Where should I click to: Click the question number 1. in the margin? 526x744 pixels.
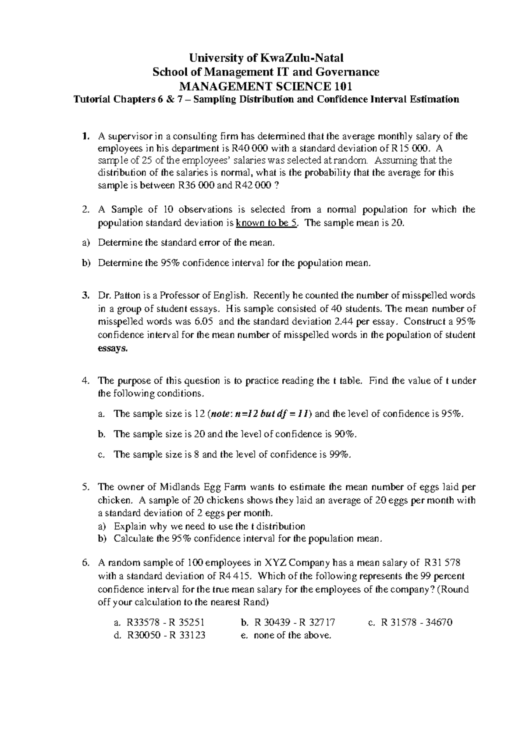[x=85, y=136]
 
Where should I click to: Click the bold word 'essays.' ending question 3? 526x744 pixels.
[x=113, y=348]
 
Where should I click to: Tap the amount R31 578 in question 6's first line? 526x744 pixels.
[x=442, y=563]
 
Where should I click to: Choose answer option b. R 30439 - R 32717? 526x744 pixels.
[x=288, y=622]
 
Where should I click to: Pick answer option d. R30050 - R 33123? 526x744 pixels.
[x=160, y=635]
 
